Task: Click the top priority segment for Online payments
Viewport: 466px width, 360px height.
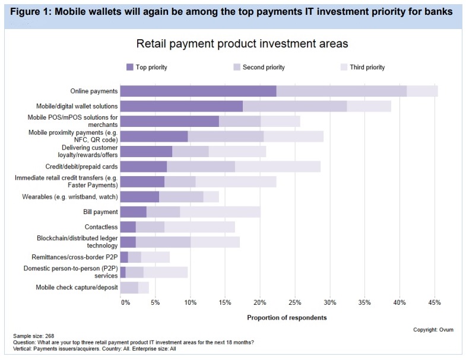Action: click(198, 91)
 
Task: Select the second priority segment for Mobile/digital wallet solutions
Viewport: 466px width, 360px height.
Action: click(295, 106)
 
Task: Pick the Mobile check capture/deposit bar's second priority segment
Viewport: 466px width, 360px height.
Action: click(129, 288)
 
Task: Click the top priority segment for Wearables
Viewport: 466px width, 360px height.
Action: click(140, 197)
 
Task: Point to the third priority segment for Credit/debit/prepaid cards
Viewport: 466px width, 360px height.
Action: click(278, 167)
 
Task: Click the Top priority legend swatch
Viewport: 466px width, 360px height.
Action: click(130, 67)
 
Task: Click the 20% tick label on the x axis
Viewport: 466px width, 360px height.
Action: click(260, 302)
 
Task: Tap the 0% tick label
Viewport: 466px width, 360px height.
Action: click(125, 302)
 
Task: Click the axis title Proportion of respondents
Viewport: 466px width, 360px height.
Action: click(287, 317)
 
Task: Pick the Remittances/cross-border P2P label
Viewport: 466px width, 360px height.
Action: click(75, 257)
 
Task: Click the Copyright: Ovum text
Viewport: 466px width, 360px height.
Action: click(433, 330)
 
